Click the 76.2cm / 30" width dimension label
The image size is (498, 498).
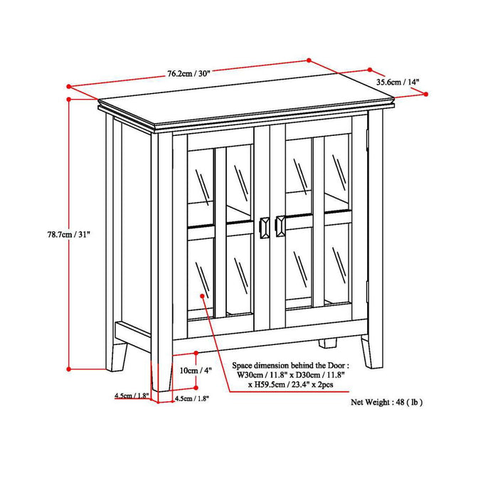(189, 73)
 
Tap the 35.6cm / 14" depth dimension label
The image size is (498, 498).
(400, 82)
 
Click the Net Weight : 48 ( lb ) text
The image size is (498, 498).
(386, 402)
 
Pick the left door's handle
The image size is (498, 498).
(265, 226)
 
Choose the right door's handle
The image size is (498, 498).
(279, 226)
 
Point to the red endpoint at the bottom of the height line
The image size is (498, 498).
(68, 369)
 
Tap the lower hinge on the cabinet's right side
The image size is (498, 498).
(367, 290)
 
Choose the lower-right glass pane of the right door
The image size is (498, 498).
(339, 267)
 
